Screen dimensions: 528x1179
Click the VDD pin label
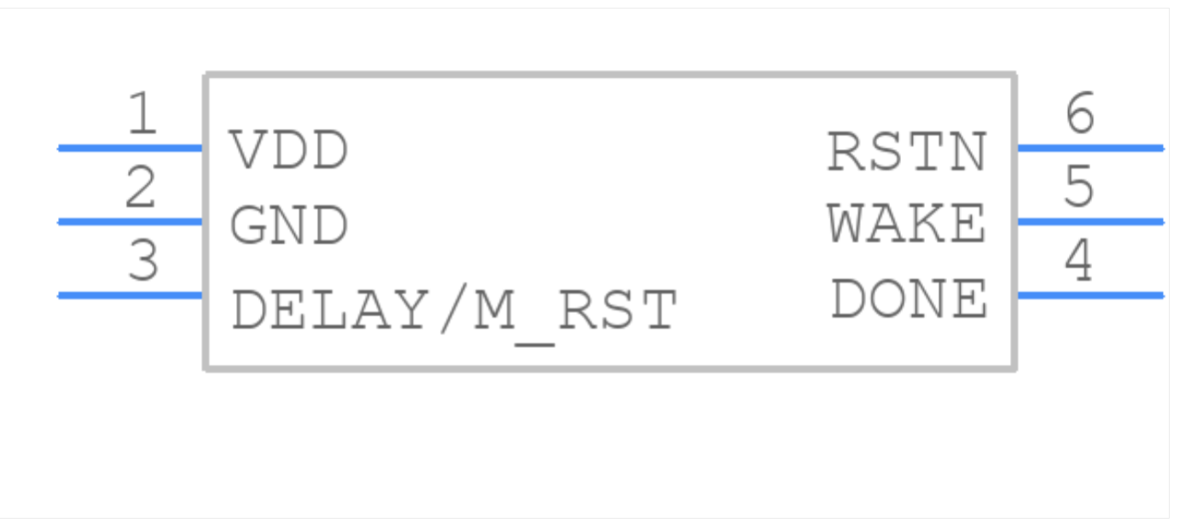pos(289,151)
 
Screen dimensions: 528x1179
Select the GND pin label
pos(289,226)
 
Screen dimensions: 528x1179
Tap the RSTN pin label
pos(907,153)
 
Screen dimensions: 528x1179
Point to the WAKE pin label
pos(907,225)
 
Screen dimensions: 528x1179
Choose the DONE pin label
pos(909,299)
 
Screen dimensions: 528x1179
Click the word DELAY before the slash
pos(328,310)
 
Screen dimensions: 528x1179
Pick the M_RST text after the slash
pos(575,310)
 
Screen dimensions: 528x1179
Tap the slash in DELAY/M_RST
pos(449,310)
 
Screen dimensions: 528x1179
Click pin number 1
pos(142,114)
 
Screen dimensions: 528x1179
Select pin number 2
pos(142,189)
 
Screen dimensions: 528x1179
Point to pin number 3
pos(142,262)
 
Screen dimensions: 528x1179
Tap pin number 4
pos(1079,262)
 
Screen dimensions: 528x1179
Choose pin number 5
pos(1079,188)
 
